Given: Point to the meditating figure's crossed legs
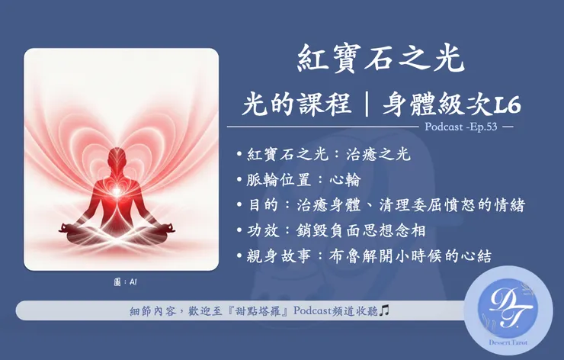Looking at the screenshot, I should coord(121,229).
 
